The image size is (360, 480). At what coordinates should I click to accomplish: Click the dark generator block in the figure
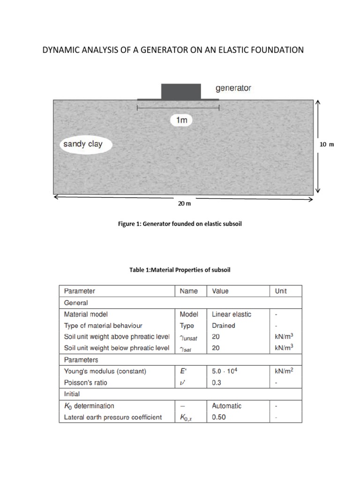coord(181,91)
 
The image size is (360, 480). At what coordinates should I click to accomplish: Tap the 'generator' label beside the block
coord(233,88)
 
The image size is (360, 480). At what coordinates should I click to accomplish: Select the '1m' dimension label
coord(181,120)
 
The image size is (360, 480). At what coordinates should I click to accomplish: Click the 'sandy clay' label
coord(83,144)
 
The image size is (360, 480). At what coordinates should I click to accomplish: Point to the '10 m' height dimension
coord(327,144)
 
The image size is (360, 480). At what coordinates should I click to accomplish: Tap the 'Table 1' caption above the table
coord(180,270)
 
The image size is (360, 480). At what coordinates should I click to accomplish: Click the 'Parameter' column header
coord(79,291)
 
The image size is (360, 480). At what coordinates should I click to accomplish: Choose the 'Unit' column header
coord(281,291)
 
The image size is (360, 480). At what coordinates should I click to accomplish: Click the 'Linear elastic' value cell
coord(232,314)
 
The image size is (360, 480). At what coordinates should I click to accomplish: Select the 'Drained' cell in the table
coord(224,325)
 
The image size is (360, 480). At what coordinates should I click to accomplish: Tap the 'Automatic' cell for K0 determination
coord(226,405)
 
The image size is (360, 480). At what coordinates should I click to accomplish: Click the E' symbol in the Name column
coord(184,371)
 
